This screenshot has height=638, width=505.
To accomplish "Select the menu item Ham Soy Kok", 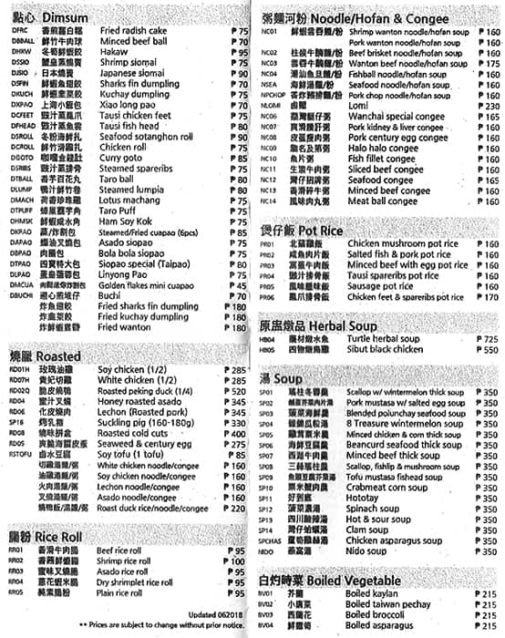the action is pyautogui.click(x=125, y=221).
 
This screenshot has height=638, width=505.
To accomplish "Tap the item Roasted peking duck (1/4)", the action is pyautogui.click(x=146, y=390).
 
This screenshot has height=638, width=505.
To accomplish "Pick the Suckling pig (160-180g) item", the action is pyautogui.click(x=142, y=423).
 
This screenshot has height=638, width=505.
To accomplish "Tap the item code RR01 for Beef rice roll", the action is pyautogui.click(x=16, y=551).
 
